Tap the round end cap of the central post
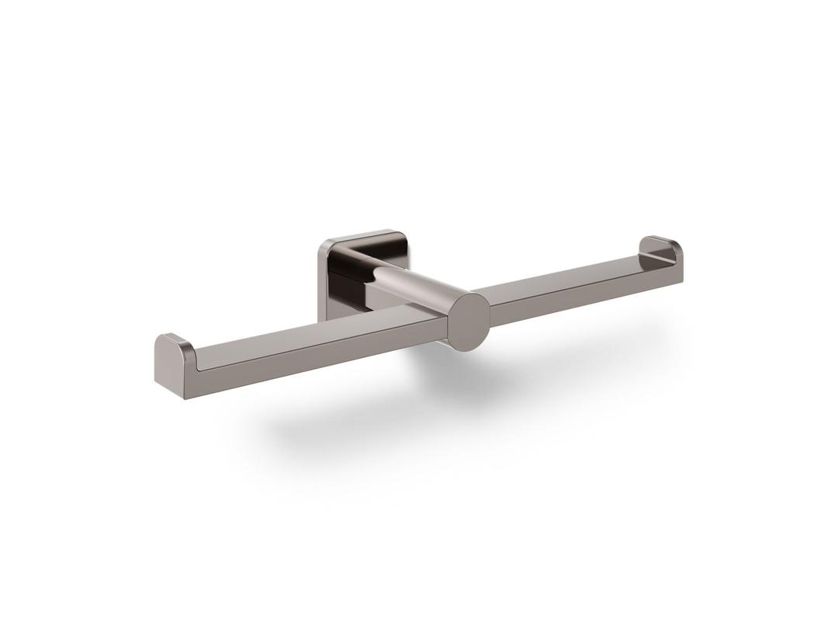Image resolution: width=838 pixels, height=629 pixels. coord(469,322)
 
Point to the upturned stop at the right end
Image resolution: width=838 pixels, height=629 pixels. coord(661,250)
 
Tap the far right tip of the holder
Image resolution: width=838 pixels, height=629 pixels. coord(682,256)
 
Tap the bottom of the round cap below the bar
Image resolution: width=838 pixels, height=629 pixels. coord(469,349)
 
